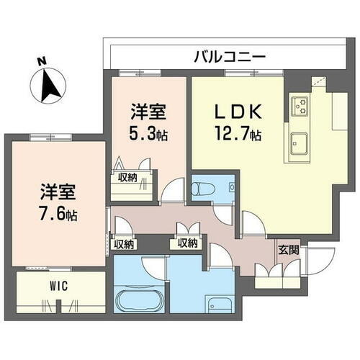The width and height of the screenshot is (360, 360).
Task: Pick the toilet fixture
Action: coord(202,189)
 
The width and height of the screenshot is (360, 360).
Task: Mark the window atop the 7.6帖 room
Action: coord(50,136)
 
